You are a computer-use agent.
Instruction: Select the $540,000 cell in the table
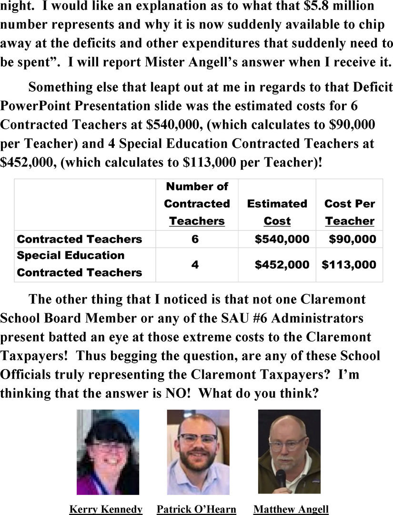coord(282,239)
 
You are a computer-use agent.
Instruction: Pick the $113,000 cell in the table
coord(349,264)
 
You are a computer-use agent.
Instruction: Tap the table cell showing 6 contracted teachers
coord(195,239)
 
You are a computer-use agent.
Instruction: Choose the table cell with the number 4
coord(195,264)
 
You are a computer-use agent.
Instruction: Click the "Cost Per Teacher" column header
coord(350,212)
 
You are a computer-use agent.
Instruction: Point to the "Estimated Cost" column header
coord(277,212)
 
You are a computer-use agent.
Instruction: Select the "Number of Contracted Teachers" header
coord(197,204)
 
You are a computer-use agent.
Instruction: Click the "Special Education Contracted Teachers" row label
coord(80,264)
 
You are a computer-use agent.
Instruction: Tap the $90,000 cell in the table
coord(353,239)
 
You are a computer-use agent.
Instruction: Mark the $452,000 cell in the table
coord(282,264)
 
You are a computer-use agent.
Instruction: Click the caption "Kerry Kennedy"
coord(106,509)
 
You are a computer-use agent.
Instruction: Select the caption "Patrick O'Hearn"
coord(196,509)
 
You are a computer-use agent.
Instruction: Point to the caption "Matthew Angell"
coord(291,509)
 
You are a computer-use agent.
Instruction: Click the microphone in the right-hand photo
coord(281,477)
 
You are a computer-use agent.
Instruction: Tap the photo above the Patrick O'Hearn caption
coord(198,452)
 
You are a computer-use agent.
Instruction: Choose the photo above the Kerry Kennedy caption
coord(108,452)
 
